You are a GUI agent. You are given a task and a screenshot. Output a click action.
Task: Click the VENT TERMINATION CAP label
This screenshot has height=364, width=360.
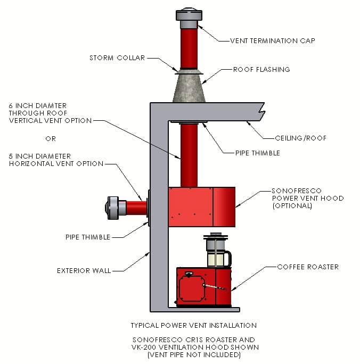tap(272, 40)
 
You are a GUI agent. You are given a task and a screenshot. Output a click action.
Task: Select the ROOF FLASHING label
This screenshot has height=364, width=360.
tap(261, 69)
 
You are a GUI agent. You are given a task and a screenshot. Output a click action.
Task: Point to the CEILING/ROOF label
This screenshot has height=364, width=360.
tap(300, 138)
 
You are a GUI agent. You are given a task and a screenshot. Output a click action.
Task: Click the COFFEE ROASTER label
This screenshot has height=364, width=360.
tap(308, 267)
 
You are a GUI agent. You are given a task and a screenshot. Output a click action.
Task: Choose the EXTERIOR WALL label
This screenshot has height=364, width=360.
tap(84, 270)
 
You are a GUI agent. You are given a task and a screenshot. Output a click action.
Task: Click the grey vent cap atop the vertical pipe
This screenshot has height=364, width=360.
tap(190, 19)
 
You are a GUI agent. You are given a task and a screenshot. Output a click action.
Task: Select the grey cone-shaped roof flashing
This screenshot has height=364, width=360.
tap(190, 88)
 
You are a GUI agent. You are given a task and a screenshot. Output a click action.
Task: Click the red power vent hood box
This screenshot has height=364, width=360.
tap(201, 206)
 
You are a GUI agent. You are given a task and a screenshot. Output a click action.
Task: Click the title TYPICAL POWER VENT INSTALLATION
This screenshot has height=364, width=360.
tap(193, 325)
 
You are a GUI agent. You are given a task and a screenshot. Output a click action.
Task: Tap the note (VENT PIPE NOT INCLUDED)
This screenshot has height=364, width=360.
tap(193, 354)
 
